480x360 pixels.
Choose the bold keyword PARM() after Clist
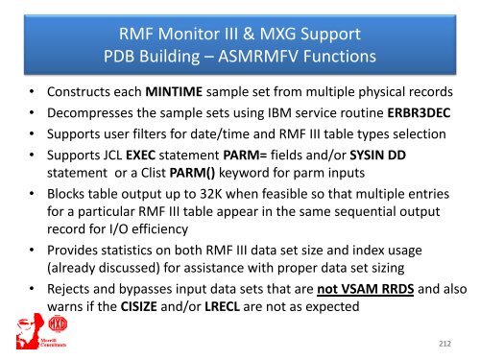click(x=197, y=173)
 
